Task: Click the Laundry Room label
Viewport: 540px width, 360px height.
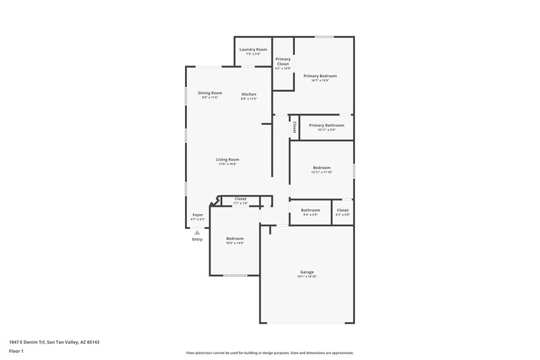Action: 252,49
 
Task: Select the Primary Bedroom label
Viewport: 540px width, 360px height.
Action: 319,76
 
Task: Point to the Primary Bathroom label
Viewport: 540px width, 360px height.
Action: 326,125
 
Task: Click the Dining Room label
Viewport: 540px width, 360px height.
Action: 210,93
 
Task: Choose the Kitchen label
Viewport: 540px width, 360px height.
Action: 249,94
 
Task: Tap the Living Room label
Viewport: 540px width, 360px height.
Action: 227,159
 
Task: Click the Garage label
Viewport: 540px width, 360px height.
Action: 307,272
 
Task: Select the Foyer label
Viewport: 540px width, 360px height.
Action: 198,215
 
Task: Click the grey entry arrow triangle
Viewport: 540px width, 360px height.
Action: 197,232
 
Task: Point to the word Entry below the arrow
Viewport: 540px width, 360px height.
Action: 197,239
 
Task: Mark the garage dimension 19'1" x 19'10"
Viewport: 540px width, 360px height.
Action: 307,277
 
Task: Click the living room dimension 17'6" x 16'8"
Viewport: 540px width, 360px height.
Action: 227,164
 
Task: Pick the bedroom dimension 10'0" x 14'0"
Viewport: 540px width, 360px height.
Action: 235,242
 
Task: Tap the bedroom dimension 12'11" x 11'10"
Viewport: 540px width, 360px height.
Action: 321,172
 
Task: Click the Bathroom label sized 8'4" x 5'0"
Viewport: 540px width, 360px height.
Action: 310,210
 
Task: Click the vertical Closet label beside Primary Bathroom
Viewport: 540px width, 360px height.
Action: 294,127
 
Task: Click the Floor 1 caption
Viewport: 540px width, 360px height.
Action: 17,352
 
